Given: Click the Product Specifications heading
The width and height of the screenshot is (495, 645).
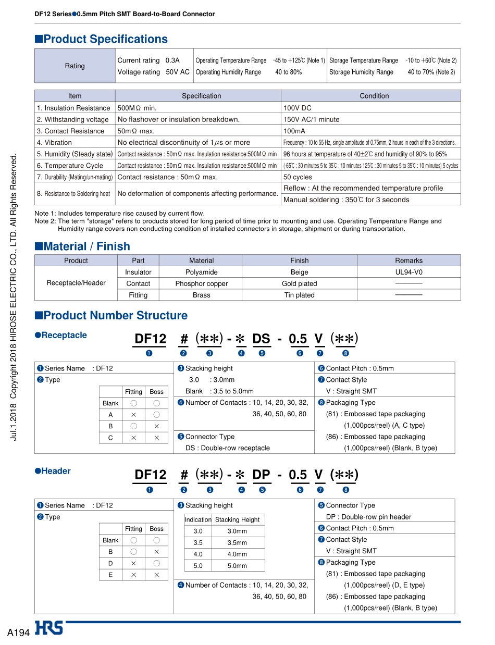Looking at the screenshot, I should pos(105,39).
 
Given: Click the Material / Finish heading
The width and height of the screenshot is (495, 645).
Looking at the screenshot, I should pos(86,246).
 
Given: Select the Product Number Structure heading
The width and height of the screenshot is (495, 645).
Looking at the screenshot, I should pos(115,315).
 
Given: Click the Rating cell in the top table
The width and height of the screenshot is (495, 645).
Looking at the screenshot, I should pos(75,66).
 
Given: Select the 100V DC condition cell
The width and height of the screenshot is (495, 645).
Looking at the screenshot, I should pos(298,108).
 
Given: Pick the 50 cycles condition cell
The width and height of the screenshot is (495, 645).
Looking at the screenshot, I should pos(298,177).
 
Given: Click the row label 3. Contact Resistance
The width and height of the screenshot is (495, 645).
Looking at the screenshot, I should pos(70,131).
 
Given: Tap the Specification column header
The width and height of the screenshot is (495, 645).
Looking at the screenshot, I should pos(201,96).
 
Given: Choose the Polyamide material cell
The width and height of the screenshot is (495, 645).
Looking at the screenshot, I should pos(201,272).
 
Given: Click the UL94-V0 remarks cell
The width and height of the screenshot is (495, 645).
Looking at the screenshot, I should pos(409,272).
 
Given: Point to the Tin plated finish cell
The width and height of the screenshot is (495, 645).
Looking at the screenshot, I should pos(299,295).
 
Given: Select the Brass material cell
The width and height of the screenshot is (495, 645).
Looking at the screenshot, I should pos(201,295).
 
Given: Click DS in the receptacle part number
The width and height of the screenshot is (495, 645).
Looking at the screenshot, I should pos(261,339).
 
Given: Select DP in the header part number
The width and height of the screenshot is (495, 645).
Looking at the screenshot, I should pos(261,475).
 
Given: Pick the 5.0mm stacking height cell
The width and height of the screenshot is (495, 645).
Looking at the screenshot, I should pos(237,565).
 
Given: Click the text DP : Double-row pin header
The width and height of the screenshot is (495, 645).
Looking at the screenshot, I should pos(368,517).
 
